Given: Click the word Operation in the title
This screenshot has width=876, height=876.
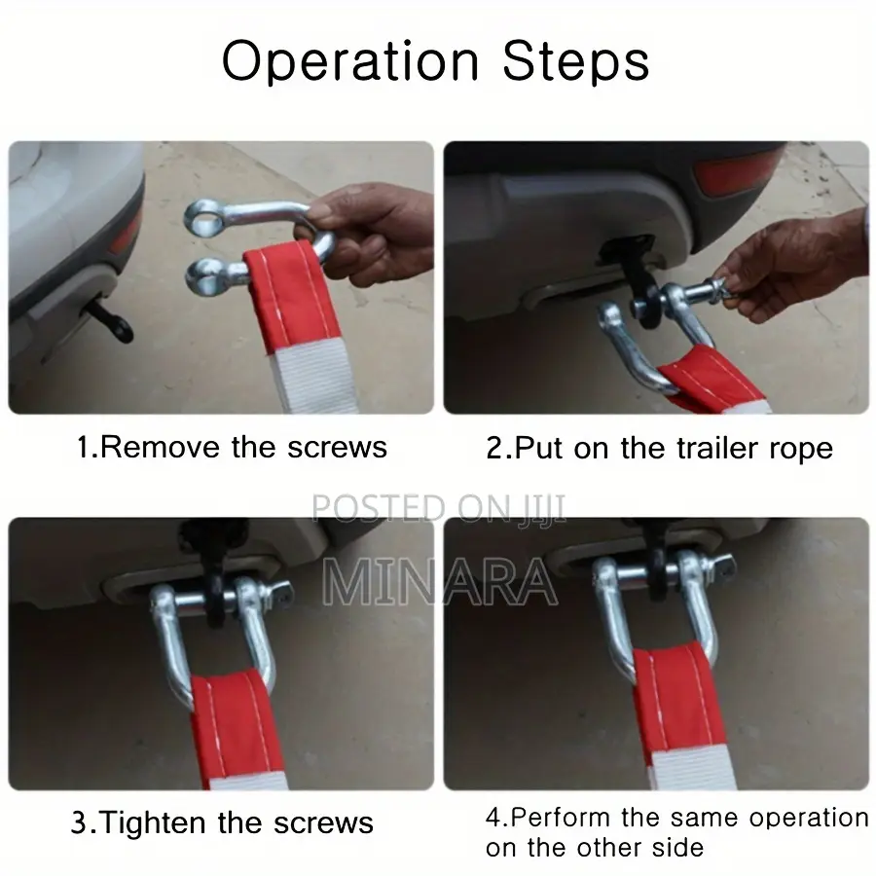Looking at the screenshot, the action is (x=350, y=61).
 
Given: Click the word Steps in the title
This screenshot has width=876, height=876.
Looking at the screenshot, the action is (x=576, y=61).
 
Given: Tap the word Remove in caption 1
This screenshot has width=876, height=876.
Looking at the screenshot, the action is (x=161, y=447).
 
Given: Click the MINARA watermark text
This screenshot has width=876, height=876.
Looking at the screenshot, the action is (x=440, y=581).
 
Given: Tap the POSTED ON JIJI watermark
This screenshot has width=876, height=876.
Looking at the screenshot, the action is (x=438, y=508).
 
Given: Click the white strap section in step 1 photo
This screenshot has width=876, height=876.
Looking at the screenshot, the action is (x=312, y=377).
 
